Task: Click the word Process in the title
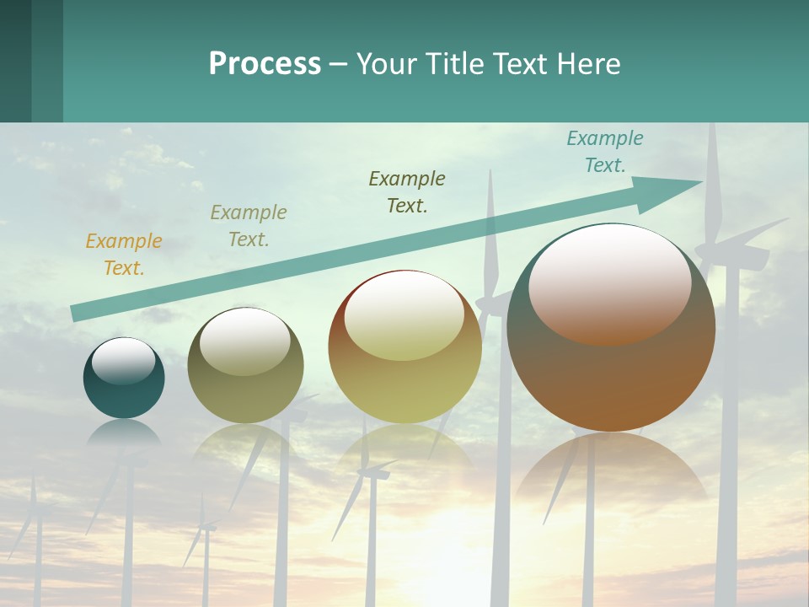[x=265, y=64]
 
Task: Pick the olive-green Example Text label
[x=249, y=226]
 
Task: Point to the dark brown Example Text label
[x=407, y=192]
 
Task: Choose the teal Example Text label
[x=605, y=152]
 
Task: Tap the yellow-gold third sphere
[x=404, y=379]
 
